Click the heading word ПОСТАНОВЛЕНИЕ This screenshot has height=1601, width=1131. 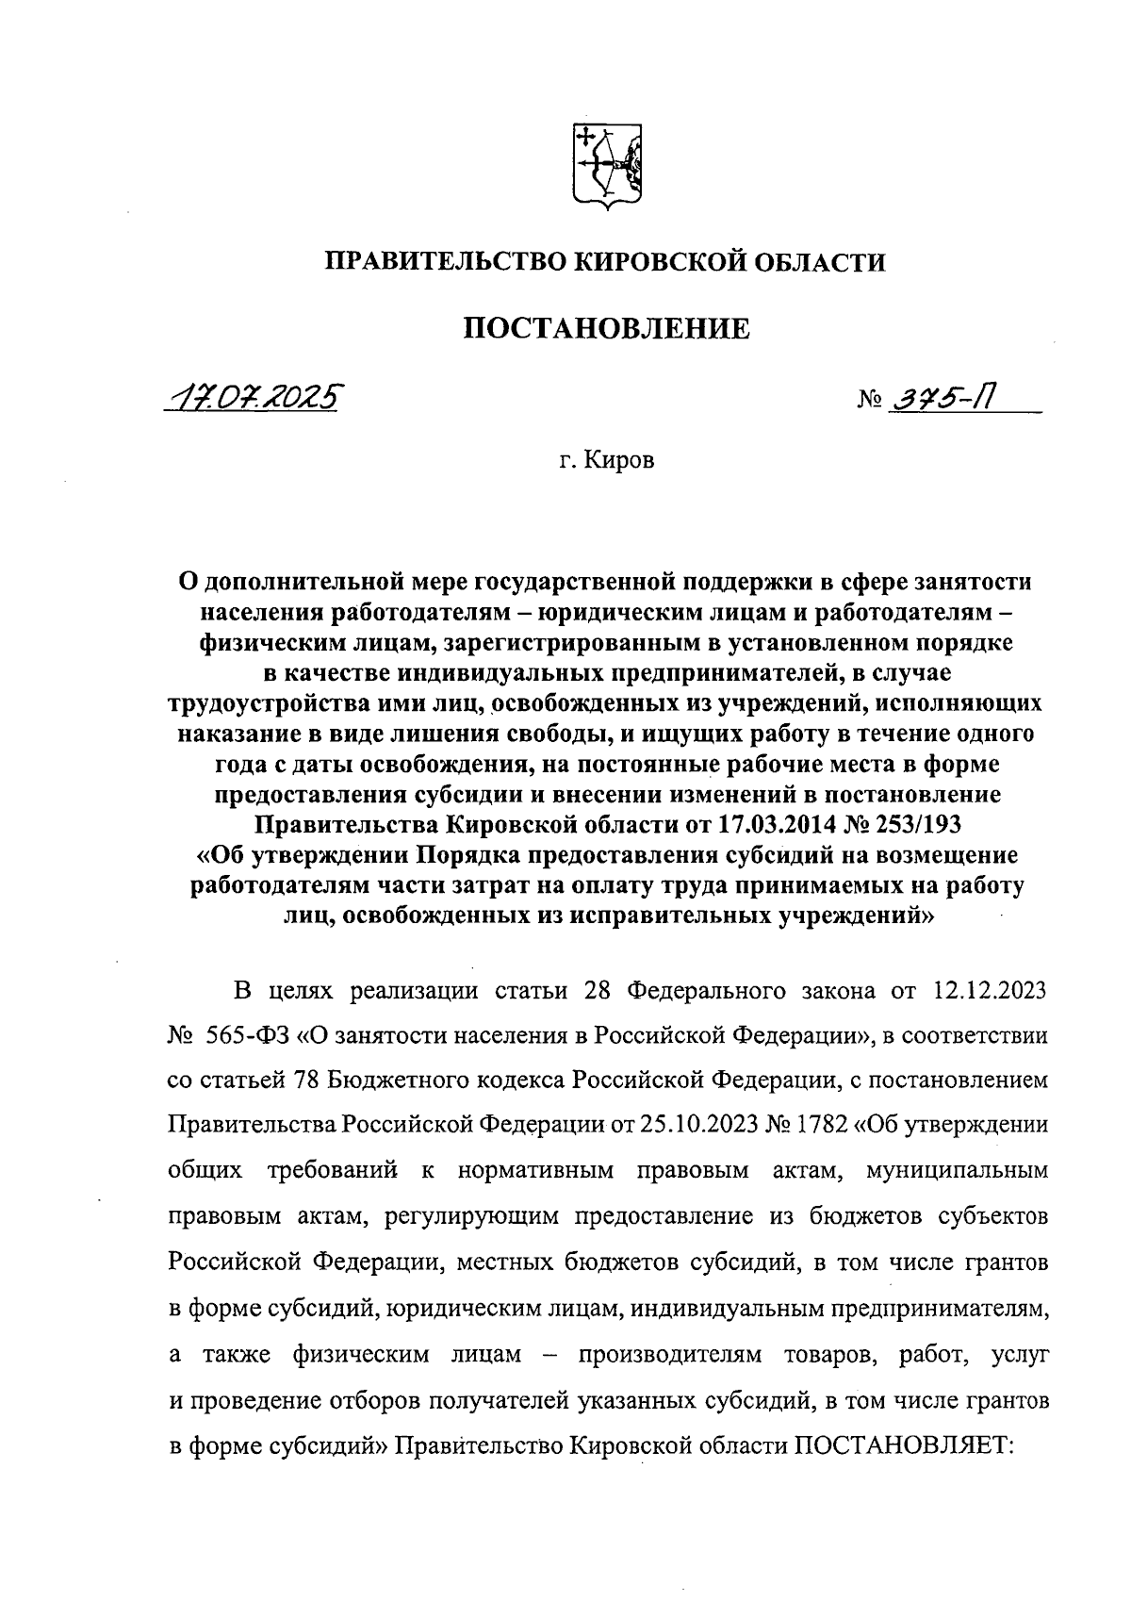coord(606,328)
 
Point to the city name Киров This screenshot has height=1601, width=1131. coord(619,461)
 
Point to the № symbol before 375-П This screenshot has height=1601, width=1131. coord(867,403)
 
